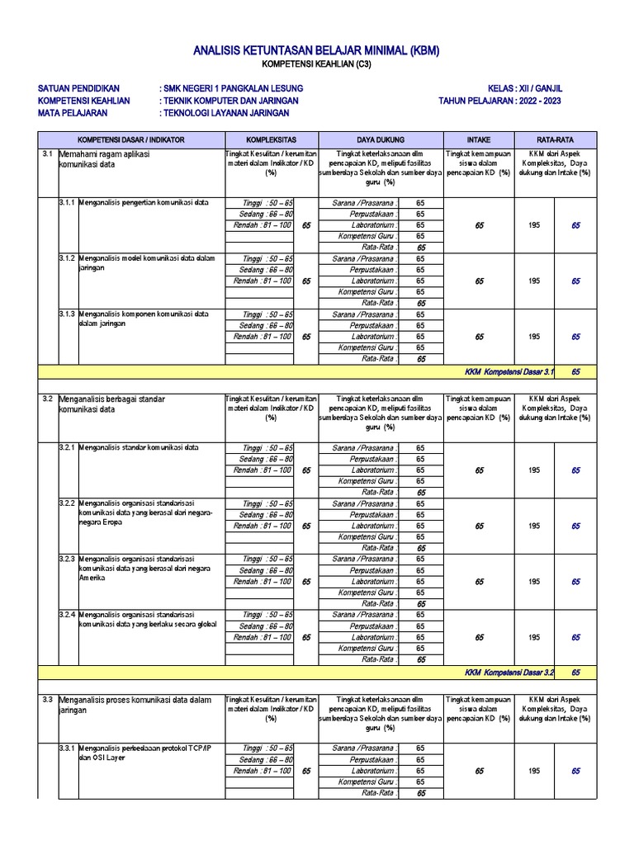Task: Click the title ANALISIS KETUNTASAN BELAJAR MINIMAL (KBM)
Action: [x=316, y=51]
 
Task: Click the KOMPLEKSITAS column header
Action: [x=271, y=139]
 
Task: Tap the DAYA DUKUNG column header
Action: [x=381, y=139]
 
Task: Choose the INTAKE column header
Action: [x=479, y=139]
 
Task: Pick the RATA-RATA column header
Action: [x=555, y=139]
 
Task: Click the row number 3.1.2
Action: [x=67, y=258]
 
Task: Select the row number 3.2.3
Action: [x=67, y=559]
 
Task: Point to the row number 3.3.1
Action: [x=67, y=748]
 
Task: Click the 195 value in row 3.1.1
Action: [x=535, y=225]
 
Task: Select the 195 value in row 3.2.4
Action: [x=535, y=637]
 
